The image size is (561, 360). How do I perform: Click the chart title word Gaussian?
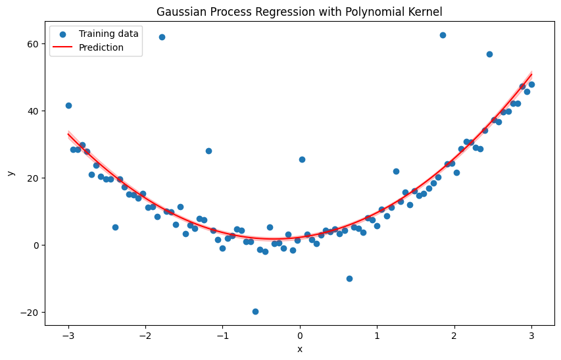click(x=183, y=11)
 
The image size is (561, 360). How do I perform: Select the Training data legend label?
click(x=109, y=34)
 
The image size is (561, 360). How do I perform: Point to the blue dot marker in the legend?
click(x=64, y=34)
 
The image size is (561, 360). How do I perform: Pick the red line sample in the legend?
click(x=64, y=47)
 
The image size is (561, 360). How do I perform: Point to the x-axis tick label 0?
click(x=300, y=336)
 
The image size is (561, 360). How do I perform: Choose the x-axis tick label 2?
click(x=454, y=336)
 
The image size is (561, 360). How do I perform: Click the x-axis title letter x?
click(x=300, y=349)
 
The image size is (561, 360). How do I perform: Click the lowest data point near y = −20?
click(x=255, y=311)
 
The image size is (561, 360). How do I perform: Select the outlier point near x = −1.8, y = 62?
click(x=162, y=37)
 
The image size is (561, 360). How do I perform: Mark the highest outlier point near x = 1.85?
click(x=443, y=35)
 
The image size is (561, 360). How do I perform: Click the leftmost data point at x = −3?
click(x=68, y=105)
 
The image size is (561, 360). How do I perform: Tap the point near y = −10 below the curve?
click(x=349, y=278)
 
